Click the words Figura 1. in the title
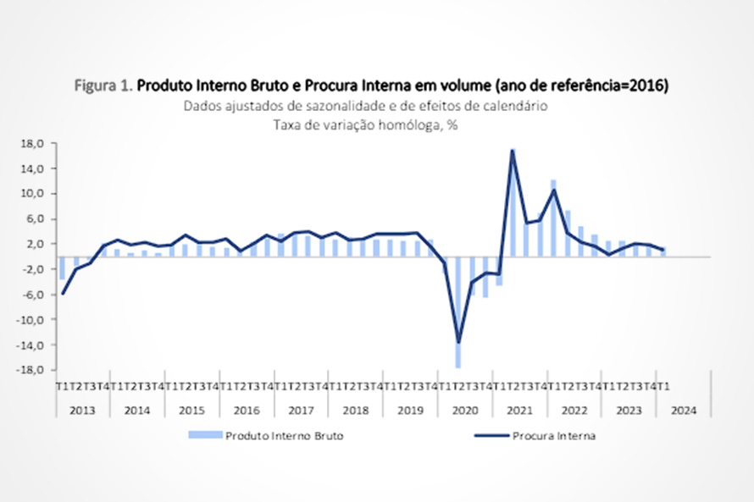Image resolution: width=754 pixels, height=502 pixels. tap(104, 86)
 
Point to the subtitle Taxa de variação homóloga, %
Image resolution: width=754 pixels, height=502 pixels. tap(365, 124)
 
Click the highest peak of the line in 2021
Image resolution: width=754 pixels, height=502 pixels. tap(513, 151)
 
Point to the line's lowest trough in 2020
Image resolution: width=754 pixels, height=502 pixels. tap(458, 342)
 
